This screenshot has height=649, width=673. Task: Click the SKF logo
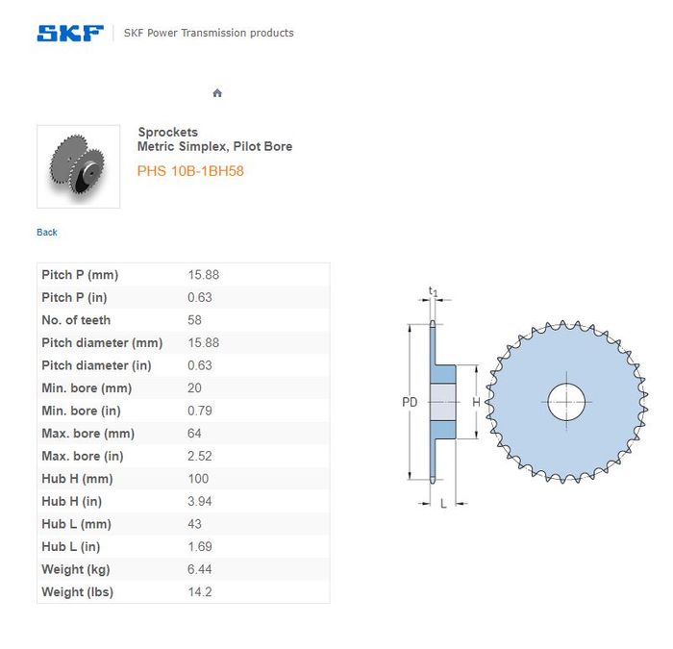coord(70,33)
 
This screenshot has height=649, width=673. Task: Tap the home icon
coord(217,92)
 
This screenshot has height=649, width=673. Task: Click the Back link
coord(47,233)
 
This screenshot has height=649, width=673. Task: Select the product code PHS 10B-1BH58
coord(190,171)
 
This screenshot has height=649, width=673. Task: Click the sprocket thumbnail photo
coord(78,166)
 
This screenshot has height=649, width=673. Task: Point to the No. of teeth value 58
coord(194,320)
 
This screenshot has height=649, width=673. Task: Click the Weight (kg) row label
coord(76,569)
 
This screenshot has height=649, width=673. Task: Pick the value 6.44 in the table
coord(200,569)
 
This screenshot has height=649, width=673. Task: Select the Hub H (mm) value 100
coord(198,479)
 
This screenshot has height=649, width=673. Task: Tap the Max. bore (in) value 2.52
coord(200,456)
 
